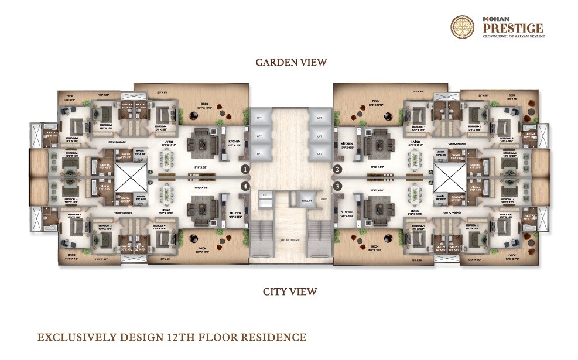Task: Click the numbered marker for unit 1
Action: coord(244,170)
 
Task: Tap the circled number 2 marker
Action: coord(337,170)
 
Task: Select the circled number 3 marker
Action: coord(337,186)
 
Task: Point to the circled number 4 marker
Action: coord(244,186)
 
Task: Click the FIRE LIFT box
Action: coord(305,200)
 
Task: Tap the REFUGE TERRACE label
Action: coord(290,239)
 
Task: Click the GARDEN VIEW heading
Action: coord(290,62)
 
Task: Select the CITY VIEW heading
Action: coord(290,292)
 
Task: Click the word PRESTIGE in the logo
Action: coord(512,28)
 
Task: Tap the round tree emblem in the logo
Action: coord(463,28)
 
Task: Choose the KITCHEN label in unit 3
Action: coord(347,212)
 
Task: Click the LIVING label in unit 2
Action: coord(415,141)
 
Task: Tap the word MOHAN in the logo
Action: coord(494,18)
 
